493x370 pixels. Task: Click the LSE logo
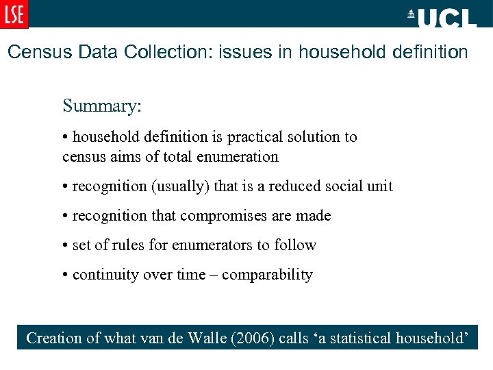[14, 14]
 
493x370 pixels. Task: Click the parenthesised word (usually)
[185, 186]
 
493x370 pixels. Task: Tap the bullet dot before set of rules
[65, 245]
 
